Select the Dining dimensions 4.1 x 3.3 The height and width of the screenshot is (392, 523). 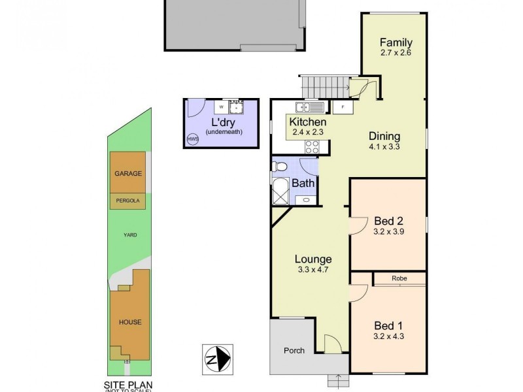[384, 147]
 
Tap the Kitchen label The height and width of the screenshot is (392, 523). [307, 122]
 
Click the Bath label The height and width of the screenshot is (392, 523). [303, 183]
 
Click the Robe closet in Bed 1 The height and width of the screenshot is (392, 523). [399, 278]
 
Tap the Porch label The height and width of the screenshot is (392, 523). [294, 351]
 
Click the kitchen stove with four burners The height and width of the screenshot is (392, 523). [311, 147]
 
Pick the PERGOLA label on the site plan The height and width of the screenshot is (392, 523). [127, 201]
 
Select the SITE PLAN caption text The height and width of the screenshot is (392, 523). [127, 385]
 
